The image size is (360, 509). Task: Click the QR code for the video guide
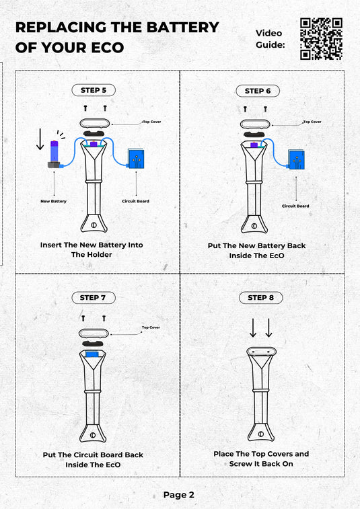point(321,39)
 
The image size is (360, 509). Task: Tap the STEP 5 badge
point(94,90)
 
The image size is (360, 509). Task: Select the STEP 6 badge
point(258,91)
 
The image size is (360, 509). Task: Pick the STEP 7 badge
point(94,298)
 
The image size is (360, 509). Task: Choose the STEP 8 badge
point(260,298)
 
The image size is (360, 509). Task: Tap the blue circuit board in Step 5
point(136,159)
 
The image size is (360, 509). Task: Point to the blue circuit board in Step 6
point(296,159)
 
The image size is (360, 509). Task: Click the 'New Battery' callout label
point(53,201)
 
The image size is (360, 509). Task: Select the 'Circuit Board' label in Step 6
point(295,206)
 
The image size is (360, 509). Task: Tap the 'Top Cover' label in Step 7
point(151,327)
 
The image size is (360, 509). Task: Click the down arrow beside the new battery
point(40,139)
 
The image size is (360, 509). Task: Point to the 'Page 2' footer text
point(179,495)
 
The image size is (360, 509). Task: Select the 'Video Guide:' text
point(270,38)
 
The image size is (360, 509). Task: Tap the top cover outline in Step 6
point(255,124)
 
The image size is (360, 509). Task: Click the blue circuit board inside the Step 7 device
point(92,354)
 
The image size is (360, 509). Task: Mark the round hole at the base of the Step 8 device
point(261,434)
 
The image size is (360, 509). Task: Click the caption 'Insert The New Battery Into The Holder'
point(92,249)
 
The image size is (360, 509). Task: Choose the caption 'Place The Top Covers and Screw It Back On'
point(261,459)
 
